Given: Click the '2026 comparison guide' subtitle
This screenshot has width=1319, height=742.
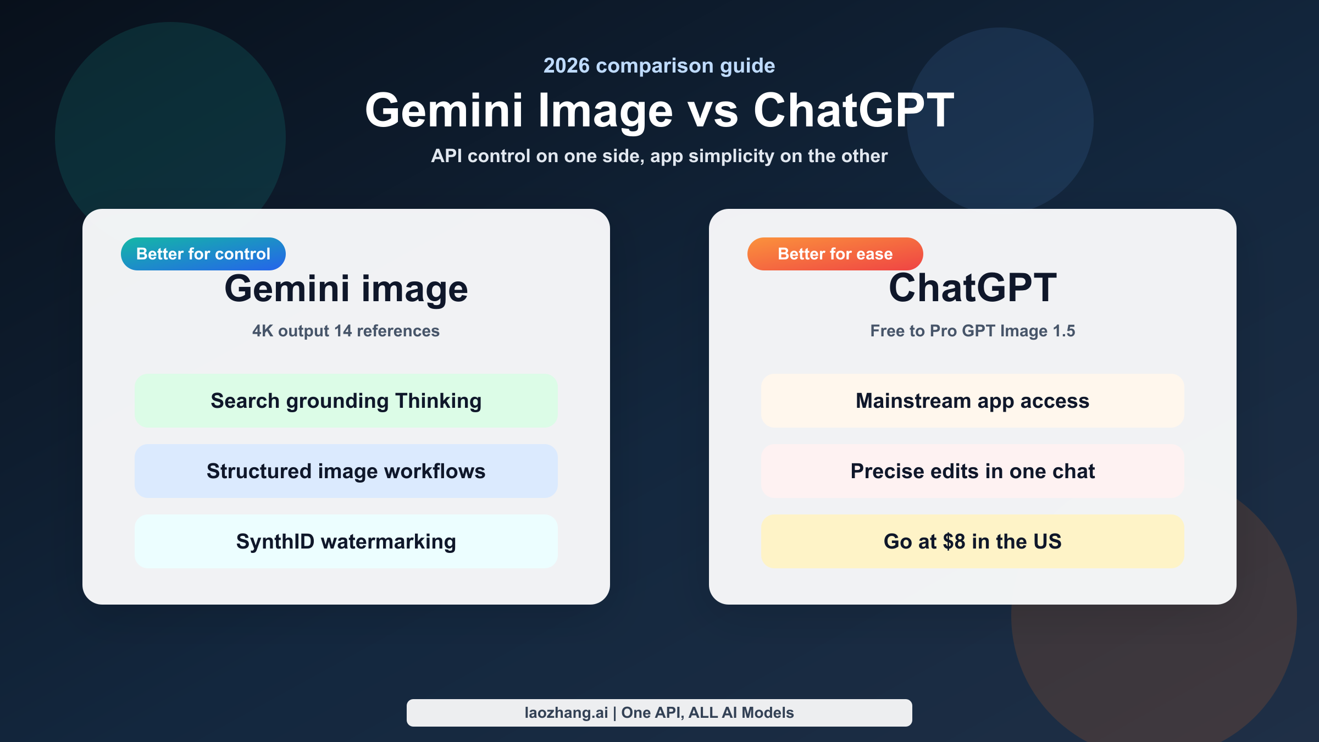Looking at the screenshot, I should tap(659, 66).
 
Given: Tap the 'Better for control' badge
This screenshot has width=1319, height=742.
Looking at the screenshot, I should tap(203, 254).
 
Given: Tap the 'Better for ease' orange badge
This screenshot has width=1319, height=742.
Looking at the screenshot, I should tap(835, 254).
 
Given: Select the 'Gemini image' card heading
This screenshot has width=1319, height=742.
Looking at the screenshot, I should tap(346, 289).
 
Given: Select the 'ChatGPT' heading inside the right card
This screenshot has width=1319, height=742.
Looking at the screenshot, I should tap(972, 288).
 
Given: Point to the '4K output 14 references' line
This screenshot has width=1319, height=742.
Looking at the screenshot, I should tap(346, 331).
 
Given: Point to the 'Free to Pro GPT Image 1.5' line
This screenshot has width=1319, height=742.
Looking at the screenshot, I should tap(972, 331).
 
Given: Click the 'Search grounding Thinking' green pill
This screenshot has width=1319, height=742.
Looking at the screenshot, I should tap(346, 401).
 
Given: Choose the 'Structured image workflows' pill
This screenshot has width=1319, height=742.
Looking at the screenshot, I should tap(346, 472).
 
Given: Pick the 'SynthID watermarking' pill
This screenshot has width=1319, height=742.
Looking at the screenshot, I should tap(346, 542).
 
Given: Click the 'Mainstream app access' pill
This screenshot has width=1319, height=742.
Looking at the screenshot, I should tap(972, 401).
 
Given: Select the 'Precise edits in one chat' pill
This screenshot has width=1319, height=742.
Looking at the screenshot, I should tap(972, 472).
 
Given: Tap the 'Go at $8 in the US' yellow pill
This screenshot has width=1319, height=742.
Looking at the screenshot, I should tap(972, 542).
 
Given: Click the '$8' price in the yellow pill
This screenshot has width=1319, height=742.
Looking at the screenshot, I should tap(954, 542).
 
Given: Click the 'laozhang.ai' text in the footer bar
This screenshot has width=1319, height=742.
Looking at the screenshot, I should tap(566, 713).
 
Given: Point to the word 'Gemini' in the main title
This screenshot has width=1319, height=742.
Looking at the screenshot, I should tap(444, 112).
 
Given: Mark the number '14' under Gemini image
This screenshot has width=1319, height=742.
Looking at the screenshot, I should tap(343, 331).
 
